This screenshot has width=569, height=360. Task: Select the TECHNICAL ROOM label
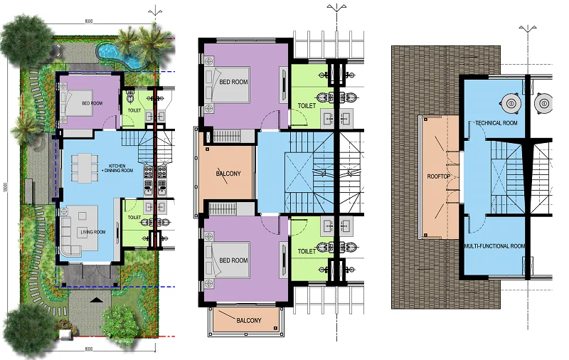pos(496,123)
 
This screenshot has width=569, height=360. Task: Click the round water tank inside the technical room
pos(509,102)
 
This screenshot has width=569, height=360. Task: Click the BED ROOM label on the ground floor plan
pos(92,104)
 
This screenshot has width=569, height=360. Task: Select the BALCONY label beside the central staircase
pos(229,173)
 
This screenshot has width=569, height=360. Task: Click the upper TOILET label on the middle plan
pos(307,105)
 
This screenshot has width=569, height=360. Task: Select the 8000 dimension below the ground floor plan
pos(89,349)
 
